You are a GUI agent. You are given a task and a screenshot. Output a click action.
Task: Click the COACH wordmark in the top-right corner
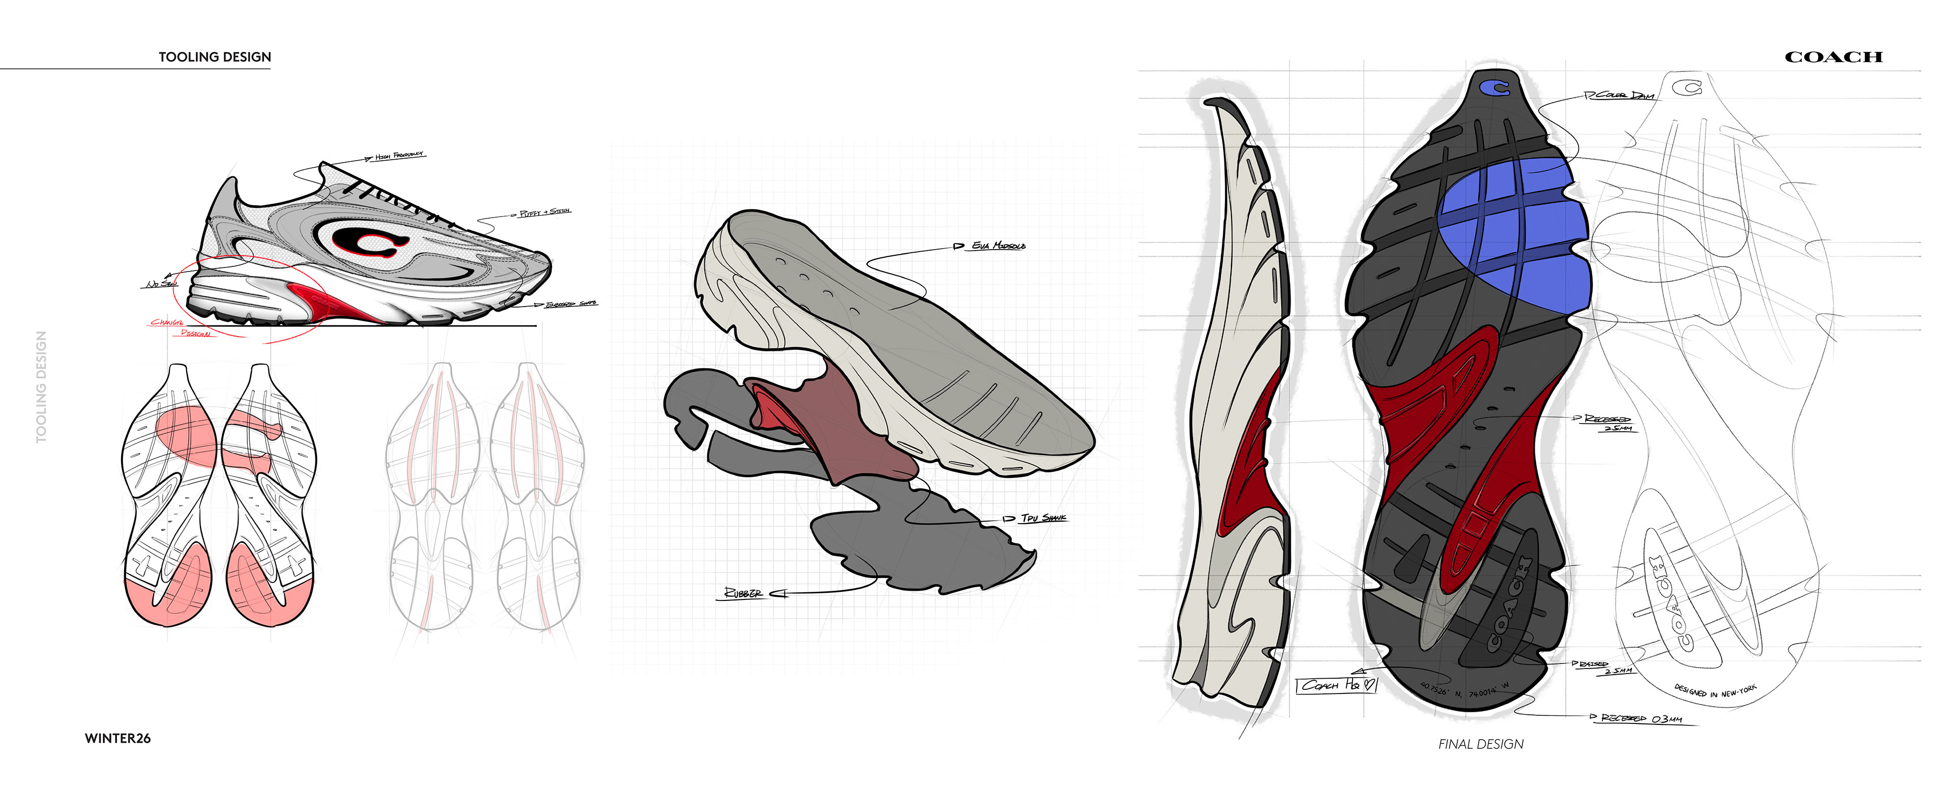click(1833, 57)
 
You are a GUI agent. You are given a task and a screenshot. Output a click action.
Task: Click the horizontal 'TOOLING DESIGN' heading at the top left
click(215, 57)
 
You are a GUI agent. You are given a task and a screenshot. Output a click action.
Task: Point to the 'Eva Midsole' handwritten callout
click(998, 246)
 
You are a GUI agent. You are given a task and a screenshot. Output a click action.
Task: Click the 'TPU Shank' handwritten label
click(1043, 518)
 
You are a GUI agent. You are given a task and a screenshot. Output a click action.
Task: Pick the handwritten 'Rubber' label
click(743, 593)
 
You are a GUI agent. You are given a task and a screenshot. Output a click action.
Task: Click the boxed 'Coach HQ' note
click(1336, 685)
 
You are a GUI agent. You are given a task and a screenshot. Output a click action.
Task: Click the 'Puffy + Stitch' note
click(544, 213)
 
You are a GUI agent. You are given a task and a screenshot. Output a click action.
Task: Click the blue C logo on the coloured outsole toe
click(1495, 88)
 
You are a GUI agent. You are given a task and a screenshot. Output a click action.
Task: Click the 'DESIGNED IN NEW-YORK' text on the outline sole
click(1715, 691)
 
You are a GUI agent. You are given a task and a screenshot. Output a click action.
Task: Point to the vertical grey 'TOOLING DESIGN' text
click(42, 387)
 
